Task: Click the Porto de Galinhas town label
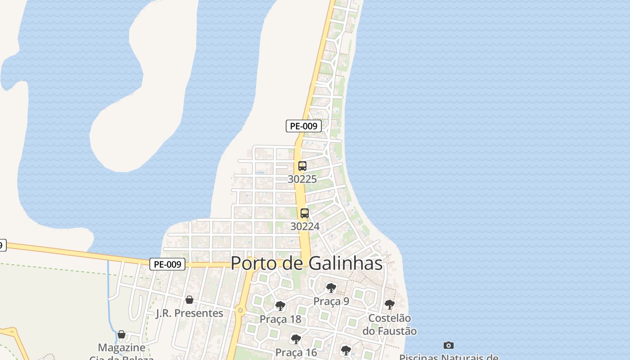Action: coord(306,263)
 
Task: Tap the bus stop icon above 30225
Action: coord(302,166)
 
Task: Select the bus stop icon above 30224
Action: coord(305,213)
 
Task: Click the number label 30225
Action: coord(302,179)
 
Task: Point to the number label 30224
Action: coord(305,226)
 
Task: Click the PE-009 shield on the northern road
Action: coord(304,126)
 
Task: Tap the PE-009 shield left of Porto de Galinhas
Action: coord(167,265)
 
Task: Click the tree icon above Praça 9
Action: coord(331,288)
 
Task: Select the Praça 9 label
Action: coord(331,301)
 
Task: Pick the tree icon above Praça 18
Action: coord(280,306)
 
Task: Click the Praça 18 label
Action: coord(280,319)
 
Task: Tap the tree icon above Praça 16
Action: coord(296,339)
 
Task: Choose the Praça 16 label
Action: coord(296,352)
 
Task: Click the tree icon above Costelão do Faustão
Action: coord(390,305)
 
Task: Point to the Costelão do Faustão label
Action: coord(390,324)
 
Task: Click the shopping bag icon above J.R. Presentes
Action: coord(189,300)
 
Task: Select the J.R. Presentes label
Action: coord(189,313)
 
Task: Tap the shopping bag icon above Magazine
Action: coord(121,334)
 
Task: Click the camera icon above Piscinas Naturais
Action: coord(449,345)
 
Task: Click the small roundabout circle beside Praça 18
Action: coord(241,310)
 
